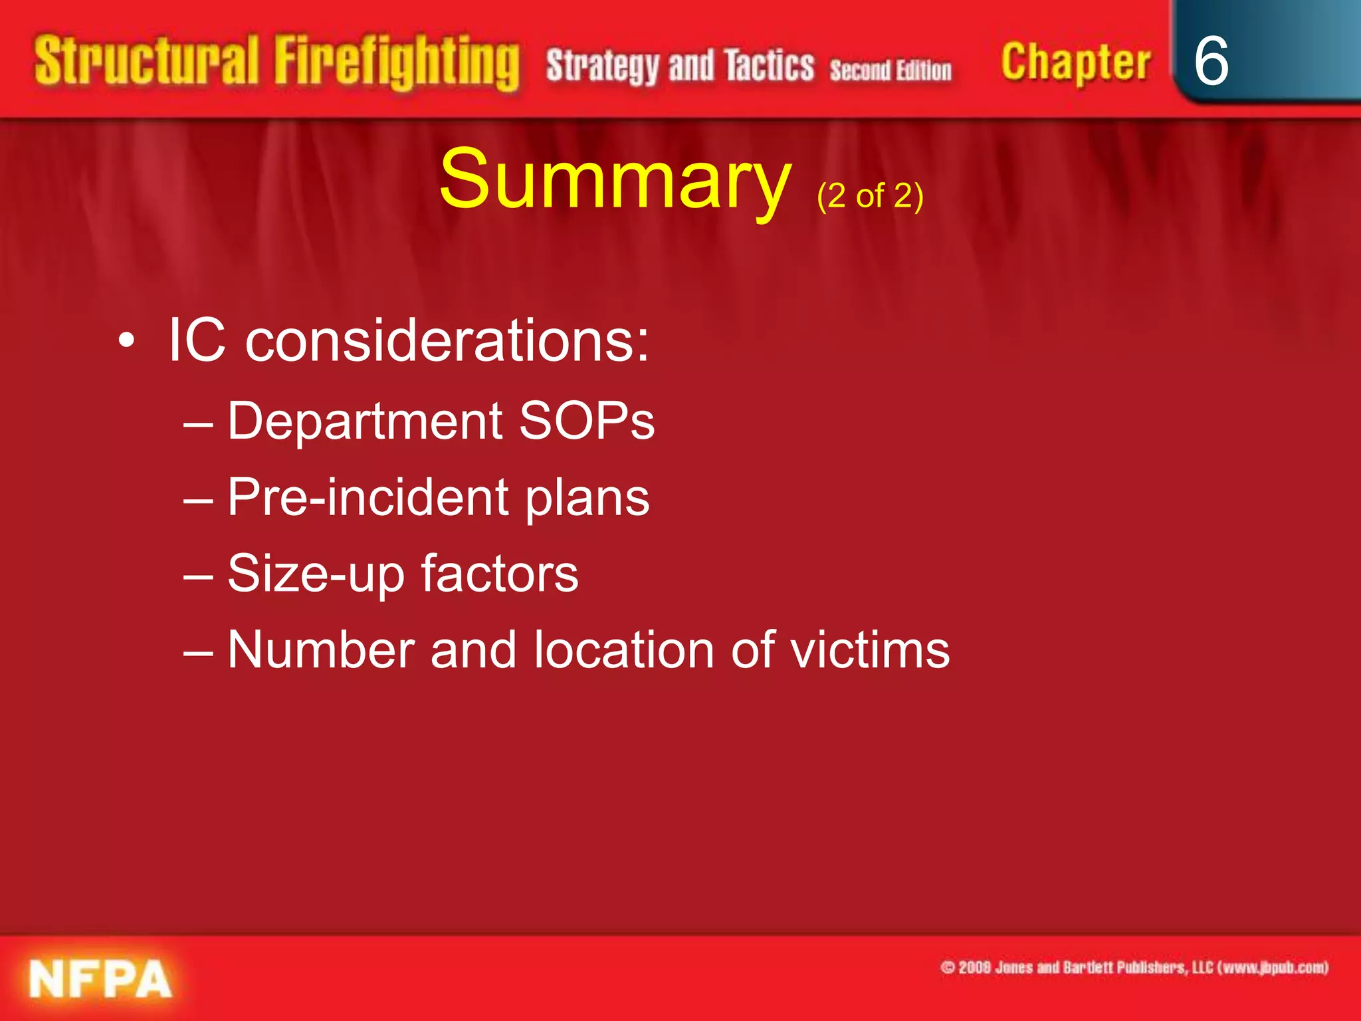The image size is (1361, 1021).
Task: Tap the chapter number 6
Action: click(1211, 61)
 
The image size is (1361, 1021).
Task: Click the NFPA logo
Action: click(100, 978)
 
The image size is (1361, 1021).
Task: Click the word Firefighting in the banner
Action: click(397, 63)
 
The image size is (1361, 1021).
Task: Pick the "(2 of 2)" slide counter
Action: click(870, 197)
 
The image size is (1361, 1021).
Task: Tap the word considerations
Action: click(447, 340)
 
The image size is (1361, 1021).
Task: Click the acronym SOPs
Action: click(586, 421)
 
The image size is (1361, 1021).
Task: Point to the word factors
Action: click(500, 573)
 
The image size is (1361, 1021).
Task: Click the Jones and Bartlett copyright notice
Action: click(1134, 967)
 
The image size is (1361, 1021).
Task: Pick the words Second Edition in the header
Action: click(890, 70)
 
